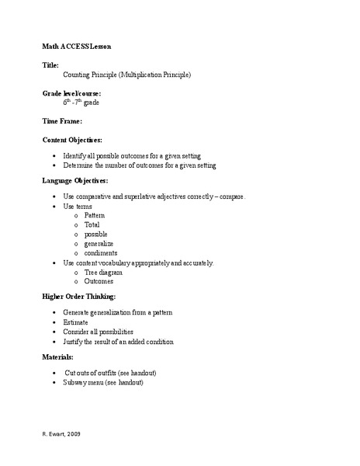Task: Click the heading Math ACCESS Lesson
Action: coord(76,47)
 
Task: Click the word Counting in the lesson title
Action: coord(77,75)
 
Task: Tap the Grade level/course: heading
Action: coord(71,93)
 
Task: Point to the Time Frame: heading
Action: coord(63,121)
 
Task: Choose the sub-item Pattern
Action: coord(95,215)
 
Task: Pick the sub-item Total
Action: coord(92,224)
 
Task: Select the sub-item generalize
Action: coord(99,243)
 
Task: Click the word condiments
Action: coord(101,252)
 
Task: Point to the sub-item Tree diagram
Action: coord(106,272)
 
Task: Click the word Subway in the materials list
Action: coord(76,383)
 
